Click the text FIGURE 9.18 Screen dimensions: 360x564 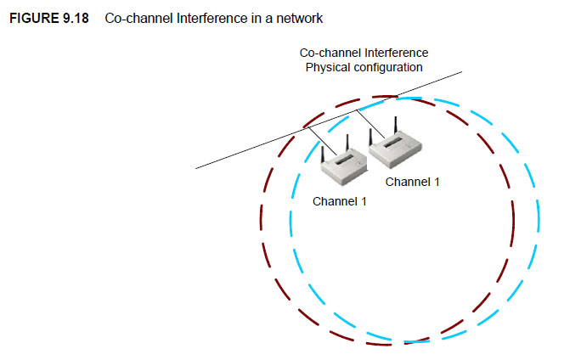pos(44,17)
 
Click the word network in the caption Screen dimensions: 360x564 pos(299,17)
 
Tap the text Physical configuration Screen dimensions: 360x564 pos(364,66)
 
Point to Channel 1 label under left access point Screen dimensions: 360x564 pos(339,201)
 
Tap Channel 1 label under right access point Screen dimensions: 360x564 pos(412,182)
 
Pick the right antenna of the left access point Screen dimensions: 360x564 pos(348,141)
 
